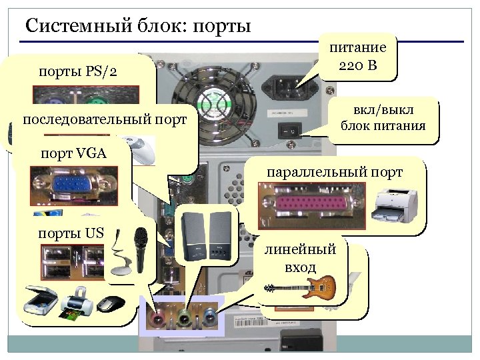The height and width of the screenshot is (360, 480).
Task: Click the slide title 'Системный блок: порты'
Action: pyautogui.click(x=137, y=26)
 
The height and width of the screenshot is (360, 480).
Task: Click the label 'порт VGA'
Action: pyautogui.click(x=73, y=153)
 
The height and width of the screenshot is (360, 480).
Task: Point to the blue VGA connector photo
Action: pyautogui.click(x=73, y=185)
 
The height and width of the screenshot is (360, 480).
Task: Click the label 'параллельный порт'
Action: pyautogui.click(x=335, y=172)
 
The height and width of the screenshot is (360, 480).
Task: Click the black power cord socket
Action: pyautogui.click(x=288, y=87)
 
